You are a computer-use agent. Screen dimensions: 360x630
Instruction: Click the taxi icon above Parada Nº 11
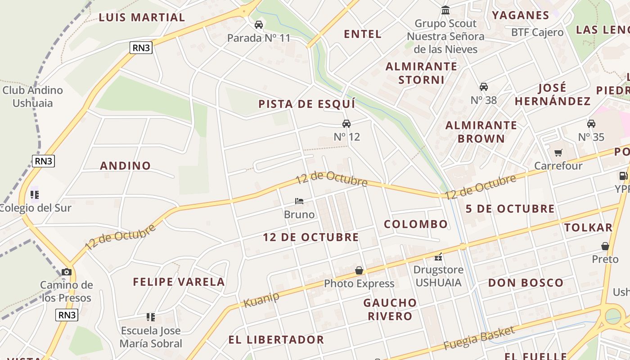pyautogui.click(x=259, y=24)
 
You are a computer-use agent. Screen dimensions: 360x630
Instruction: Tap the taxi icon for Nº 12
pyautogui.click(x=346, y=124)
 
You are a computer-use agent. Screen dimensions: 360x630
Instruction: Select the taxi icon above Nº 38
pyautogui.click(x=484, y=86)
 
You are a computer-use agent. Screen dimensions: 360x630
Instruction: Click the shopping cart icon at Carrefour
pyautogui.click(x=558, y=153)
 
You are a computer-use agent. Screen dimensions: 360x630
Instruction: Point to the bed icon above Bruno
pyautogui.click(x=299, y=201)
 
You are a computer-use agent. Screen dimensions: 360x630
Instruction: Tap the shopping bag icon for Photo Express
pyautogui.click(x=359, y=270)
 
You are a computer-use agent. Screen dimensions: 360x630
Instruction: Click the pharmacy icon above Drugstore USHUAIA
pyautogui.click(x=438, y=257)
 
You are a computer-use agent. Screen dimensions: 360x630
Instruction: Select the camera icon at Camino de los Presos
pyautogui.click(x=67, y=272)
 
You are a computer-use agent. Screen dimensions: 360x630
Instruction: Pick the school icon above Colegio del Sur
pyautogui.click(x=35, y=195)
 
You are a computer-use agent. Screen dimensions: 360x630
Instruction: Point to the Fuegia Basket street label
pyautogui.click(x=479, y=338)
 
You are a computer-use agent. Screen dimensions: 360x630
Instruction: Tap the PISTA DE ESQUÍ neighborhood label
pyautogui.click(x=307, y=104)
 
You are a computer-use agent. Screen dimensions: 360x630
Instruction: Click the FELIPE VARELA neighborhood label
pyautogui.click(x=179, y=282)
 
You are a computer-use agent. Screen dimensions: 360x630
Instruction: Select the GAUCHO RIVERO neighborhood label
pyautogui.click(x=390, y=309)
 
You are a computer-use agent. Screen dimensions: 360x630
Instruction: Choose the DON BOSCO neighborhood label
pyautogui.click(x=526, y=283)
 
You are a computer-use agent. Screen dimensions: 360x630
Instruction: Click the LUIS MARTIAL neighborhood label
pyautogui.click(x=142, y=18)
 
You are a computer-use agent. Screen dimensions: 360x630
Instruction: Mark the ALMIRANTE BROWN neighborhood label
pyautogui.click(x=481, y=132)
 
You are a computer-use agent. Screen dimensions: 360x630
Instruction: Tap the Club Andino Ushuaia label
pyautogui.click(x=33, y=96)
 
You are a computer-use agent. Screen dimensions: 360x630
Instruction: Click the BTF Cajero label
pyautogui.click(x=537, y=32)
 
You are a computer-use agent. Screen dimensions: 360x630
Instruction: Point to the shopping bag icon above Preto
pyautogui.click(x=605, y=246)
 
